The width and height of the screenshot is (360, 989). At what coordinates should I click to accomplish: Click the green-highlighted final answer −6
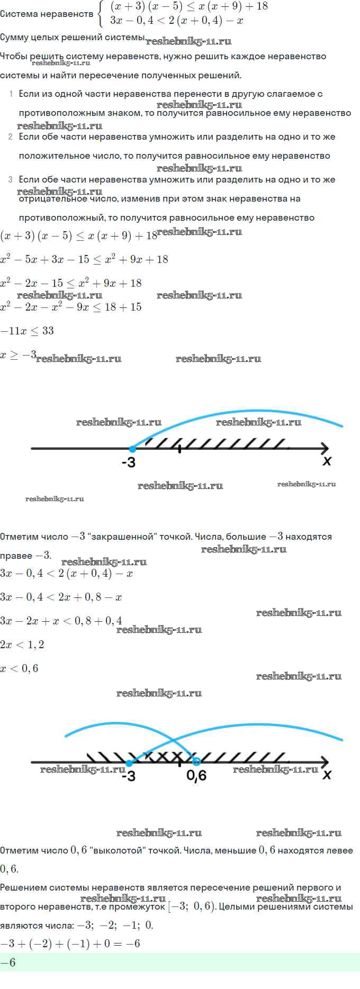tap(8, 963)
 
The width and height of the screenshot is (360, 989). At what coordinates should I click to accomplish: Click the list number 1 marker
tap(11, 94)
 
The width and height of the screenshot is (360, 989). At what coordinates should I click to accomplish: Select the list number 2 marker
tap(11, 137)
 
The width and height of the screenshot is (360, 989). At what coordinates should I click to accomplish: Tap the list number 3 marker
tap(11, 180)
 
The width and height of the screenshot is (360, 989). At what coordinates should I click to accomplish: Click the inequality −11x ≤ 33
tap(27, 331)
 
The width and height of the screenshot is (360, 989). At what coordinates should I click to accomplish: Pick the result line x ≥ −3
tap(18, 355)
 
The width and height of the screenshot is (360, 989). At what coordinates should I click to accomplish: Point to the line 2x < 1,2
tap(22, 645)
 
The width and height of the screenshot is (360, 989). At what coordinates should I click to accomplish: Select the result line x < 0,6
tap(20, 668)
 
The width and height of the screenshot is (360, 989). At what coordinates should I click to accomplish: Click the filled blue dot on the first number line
tap(132, 449)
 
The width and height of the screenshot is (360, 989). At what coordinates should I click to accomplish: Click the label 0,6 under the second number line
tap(196, 776)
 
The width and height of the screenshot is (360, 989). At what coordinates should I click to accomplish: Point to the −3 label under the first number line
tap(129, 462)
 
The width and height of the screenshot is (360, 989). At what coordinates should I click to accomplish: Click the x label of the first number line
tap(327, 461)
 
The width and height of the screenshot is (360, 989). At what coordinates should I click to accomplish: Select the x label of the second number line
tap(327, 774)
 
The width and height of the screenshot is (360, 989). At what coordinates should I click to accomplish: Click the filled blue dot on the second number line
tap(129, 763)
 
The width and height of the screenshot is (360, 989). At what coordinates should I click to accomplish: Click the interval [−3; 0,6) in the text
tap(191, 906)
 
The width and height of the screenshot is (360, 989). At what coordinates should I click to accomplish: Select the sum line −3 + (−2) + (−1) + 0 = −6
tap(70, 943)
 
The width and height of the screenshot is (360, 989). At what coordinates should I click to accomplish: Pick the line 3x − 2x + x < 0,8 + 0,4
tap(61, 621)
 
